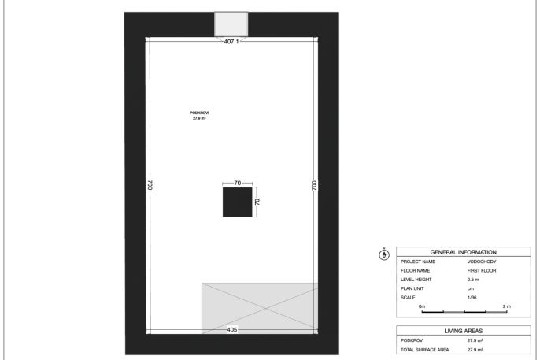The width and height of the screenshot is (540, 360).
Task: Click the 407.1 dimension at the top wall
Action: coord(231,41)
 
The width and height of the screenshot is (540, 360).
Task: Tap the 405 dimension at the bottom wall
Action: coord(232,330)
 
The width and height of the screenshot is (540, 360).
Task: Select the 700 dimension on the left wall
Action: coord(150,185)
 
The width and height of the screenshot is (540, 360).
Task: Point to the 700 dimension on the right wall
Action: coord(314,185)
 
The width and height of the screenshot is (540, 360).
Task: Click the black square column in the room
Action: coord(237,202)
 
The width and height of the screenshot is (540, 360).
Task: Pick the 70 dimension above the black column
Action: coord(238,183)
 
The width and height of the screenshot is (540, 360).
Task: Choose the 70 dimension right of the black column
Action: coord(257,202)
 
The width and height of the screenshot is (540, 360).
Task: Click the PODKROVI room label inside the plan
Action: coord(199,113)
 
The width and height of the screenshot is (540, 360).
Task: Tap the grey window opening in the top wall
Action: coord(231,24)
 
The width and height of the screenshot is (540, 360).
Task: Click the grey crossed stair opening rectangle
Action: coord(260,308)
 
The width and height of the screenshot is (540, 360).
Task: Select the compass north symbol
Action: coord(384,254)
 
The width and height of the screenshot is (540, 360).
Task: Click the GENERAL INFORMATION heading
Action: coord(463,252)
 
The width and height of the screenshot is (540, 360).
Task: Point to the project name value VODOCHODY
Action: coord(482,262)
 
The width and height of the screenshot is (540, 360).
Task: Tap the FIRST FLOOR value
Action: coord(482,270)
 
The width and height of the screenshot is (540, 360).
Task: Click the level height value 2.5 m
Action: coord(473,280)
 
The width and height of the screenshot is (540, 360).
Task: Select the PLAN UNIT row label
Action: coord(412,288)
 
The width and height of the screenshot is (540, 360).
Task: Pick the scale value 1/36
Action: coord(472,297)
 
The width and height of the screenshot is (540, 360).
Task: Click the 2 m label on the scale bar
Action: coord(507,306)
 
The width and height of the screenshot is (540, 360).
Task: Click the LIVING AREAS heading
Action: coord(463,331)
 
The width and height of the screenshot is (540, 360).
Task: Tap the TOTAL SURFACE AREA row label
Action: coord(424,350)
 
